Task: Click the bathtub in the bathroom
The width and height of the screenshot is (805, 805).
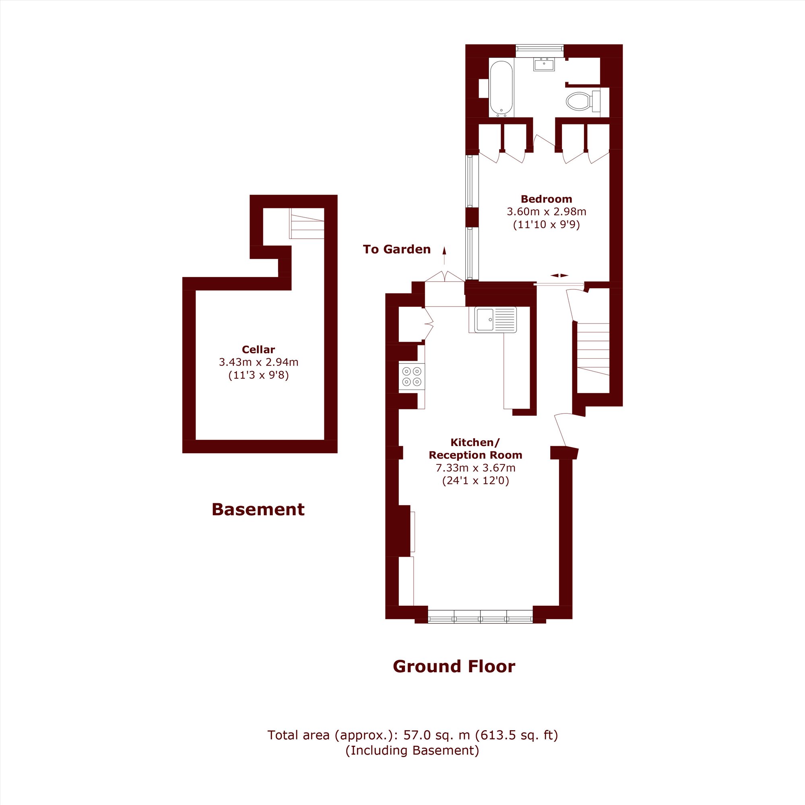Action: [x=501, y=89]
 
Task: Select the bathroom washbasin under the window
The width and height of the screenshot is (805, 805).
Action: [x=544, y=64]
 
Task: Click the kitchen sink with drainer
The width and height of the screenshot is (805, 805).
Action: [x=495, y=320]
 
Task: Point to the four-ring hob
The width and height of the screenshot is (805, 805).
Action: [x=412, y=377]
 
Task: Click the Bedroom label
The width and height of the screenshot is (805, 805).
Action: [x=546, y=199]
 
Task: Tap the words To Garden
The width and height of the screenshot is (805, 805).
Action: [x=397, y=249]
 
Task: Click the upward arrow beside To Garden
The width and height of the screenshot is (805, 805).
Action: [x=444, y=256]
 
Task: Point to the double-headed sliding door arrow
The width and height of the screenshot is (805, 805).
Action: [x=559, y=275]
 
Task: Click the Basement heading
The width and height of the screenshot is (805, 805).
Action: [x=258, y=509]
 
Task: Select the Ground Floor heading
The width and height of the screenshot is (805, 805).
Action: [x=454, y=666]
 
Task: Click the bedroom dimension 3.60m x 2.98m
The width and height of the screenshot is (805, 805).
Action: [x=546, y=212]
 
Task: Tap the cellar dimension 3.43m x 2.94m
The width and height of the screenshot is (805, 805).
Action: [x=258, y=362]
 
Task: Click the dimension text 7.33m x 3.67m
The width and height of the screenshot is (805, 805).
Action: [x=475, y=468]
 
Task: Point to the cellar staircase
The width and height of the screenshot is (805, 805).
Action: [x=307, y=223]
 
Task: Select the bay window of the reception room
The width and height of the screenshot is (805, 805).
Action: [x=481, y=616]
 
